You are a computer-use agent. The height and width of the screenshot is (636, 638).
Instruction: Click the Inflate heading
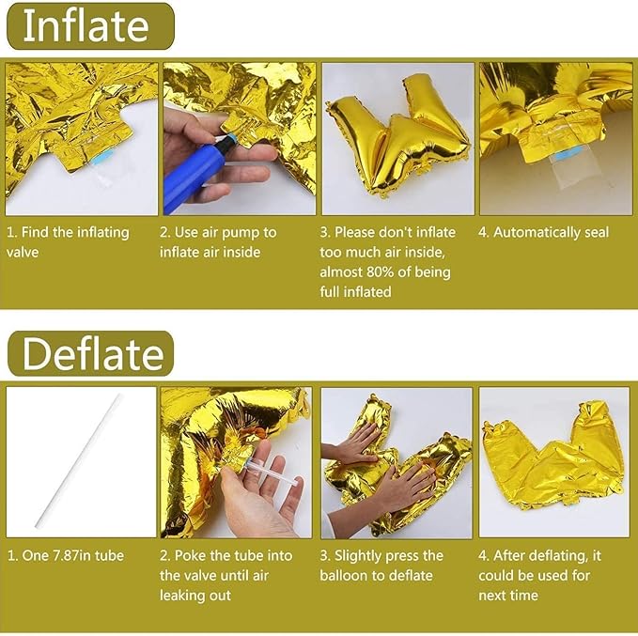coord(86,26)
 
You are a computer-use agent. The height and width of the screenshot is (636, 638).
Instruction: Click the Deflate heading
coord(93,353)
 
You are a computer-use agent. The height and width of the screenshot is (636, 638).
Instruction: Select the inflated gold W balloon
coord(398,134)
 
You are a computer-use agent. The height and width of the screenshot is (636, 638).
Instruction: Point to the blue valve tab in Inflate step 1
coord(103,157)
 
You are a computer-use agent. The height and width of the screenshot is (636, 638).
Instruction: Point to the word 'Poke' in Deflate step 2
coord(191,555)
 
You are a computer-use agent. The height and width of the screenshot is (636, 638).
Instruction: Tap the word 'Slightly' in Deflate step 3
coord(358,556)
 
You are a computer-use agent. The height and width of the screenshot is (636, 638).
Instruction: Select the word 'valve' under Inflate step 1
coord(23,253)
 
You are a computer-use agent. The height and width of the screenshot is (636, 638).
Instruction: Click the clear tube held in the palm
coord(272,472)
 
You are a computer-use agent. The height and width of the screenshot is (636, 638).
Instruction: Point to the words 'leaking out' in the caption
coord(195,597)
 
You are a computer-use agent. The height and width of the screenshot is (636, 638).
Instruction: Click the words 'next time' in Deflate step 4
coord(508,596)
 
